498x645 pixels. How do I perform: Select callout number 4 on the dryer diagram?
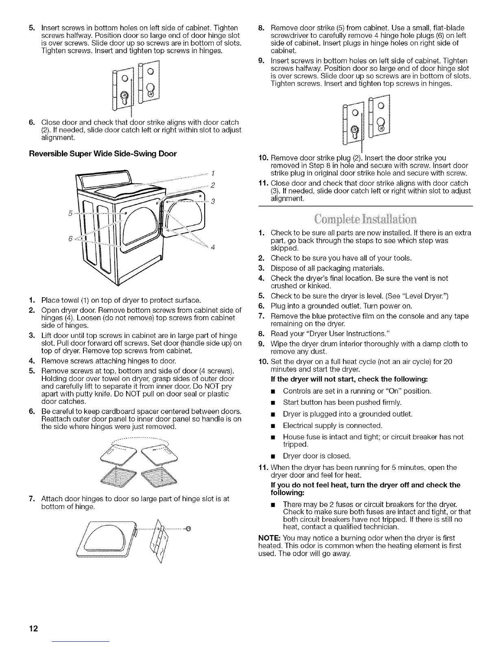tap(213, 248)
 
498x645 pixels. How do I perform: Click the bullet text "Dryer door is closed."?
tap(317, 456)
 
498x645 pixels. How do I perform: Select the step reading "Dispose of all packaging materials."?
tap(328, 268)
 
